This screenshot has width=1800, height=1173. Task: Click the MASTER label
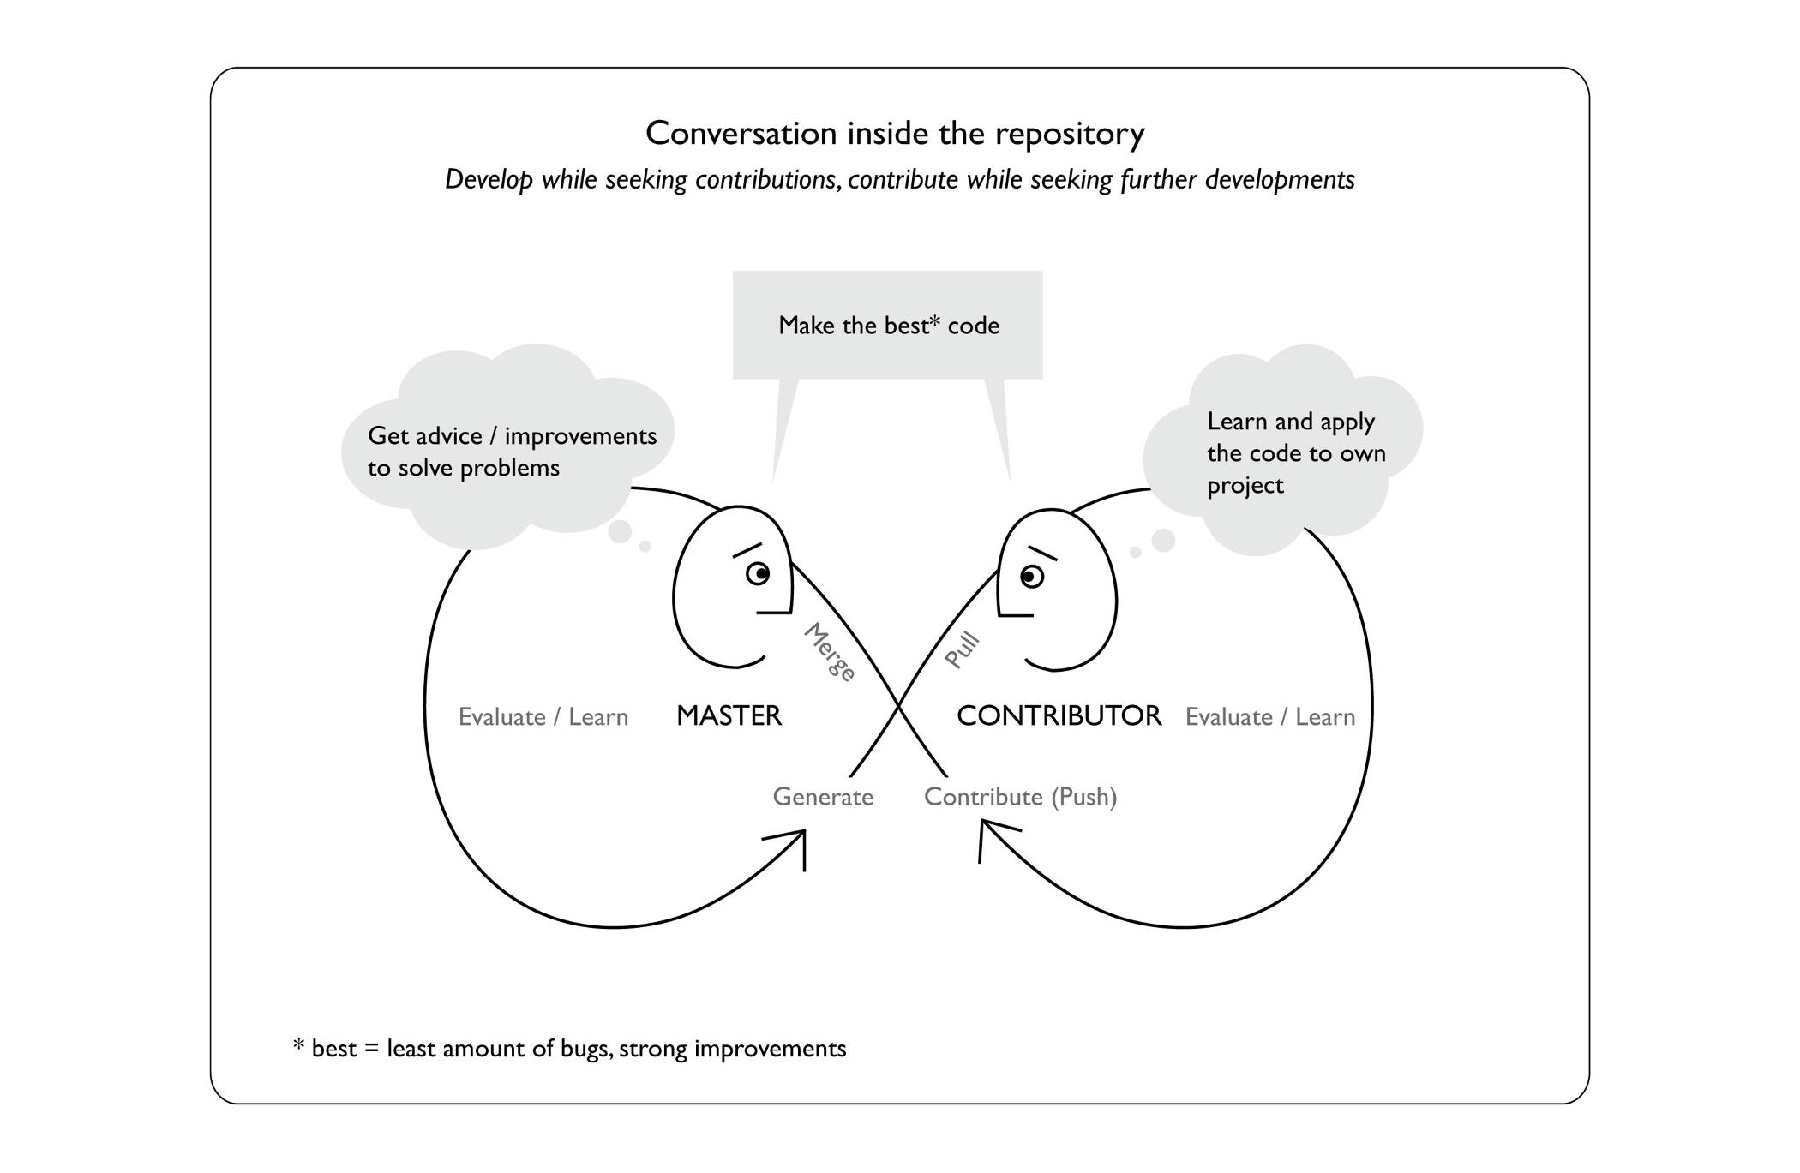[x=729, y=715]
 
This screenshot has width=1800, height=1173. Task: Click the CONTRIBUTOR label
[x=1059, y=715]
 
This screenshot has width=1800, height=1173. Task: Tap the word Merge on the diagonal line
[x=830, y=652]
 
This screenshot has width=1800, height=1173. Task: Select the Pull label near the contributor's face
[x=962, y=650]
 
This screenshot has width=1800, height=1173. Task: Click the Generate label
[x=823, y=797]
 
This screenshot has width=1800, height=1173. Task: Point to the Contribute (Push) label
[x=1020, y=797]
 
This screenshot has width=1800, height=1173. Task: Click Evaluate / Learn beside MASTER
[x=543, y=717]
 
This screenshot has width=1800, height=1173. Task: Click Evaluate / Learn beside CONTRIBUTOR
[x=1269, y=717]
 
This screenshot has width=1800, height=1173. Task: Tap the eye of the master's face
[x=758, y=573]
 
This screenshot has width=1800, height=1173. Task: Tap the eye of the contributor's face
[x=1031, y=577]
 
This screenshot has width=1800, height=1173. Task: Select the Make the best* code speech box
[x=888, y=326]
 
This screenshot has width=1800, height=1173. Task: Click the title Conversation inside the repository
[x=895, y=134]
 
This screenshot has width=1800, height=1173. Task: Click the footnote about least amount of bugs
[x=570, y=1049]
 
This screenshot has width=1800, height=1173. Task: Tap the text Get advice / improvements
[x=512, y=436]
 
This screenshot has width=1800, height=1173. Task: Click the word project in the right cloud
[x=1245, y=486]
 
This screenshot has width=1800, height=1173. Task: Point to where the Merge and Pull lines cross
[x=898, y=707]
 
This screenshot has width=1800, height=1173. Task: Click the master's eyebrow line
[x=747, y=550]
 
